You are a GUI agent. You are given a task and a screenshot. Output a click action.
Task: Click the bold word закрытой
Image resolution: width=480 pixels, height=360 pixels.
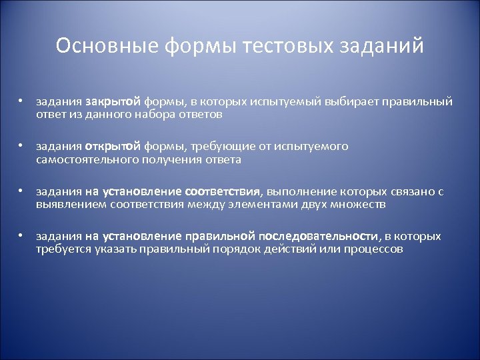point(113,101)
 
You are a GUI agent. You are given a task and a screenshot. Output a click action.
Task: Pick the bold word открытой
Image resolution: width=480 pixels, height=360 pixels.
point(112,147)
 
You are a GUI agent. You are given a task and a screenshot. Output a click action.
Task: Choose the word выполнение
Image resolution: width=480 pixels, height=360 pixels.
point(299,192)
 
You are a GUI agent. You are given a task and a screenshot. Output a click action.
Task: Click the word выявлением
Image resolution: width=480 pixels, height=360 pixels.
point(67,205)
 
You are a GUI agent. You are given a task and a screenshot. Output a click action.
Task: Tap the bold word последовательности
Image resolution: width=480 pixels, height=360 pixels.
point(318,237)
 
